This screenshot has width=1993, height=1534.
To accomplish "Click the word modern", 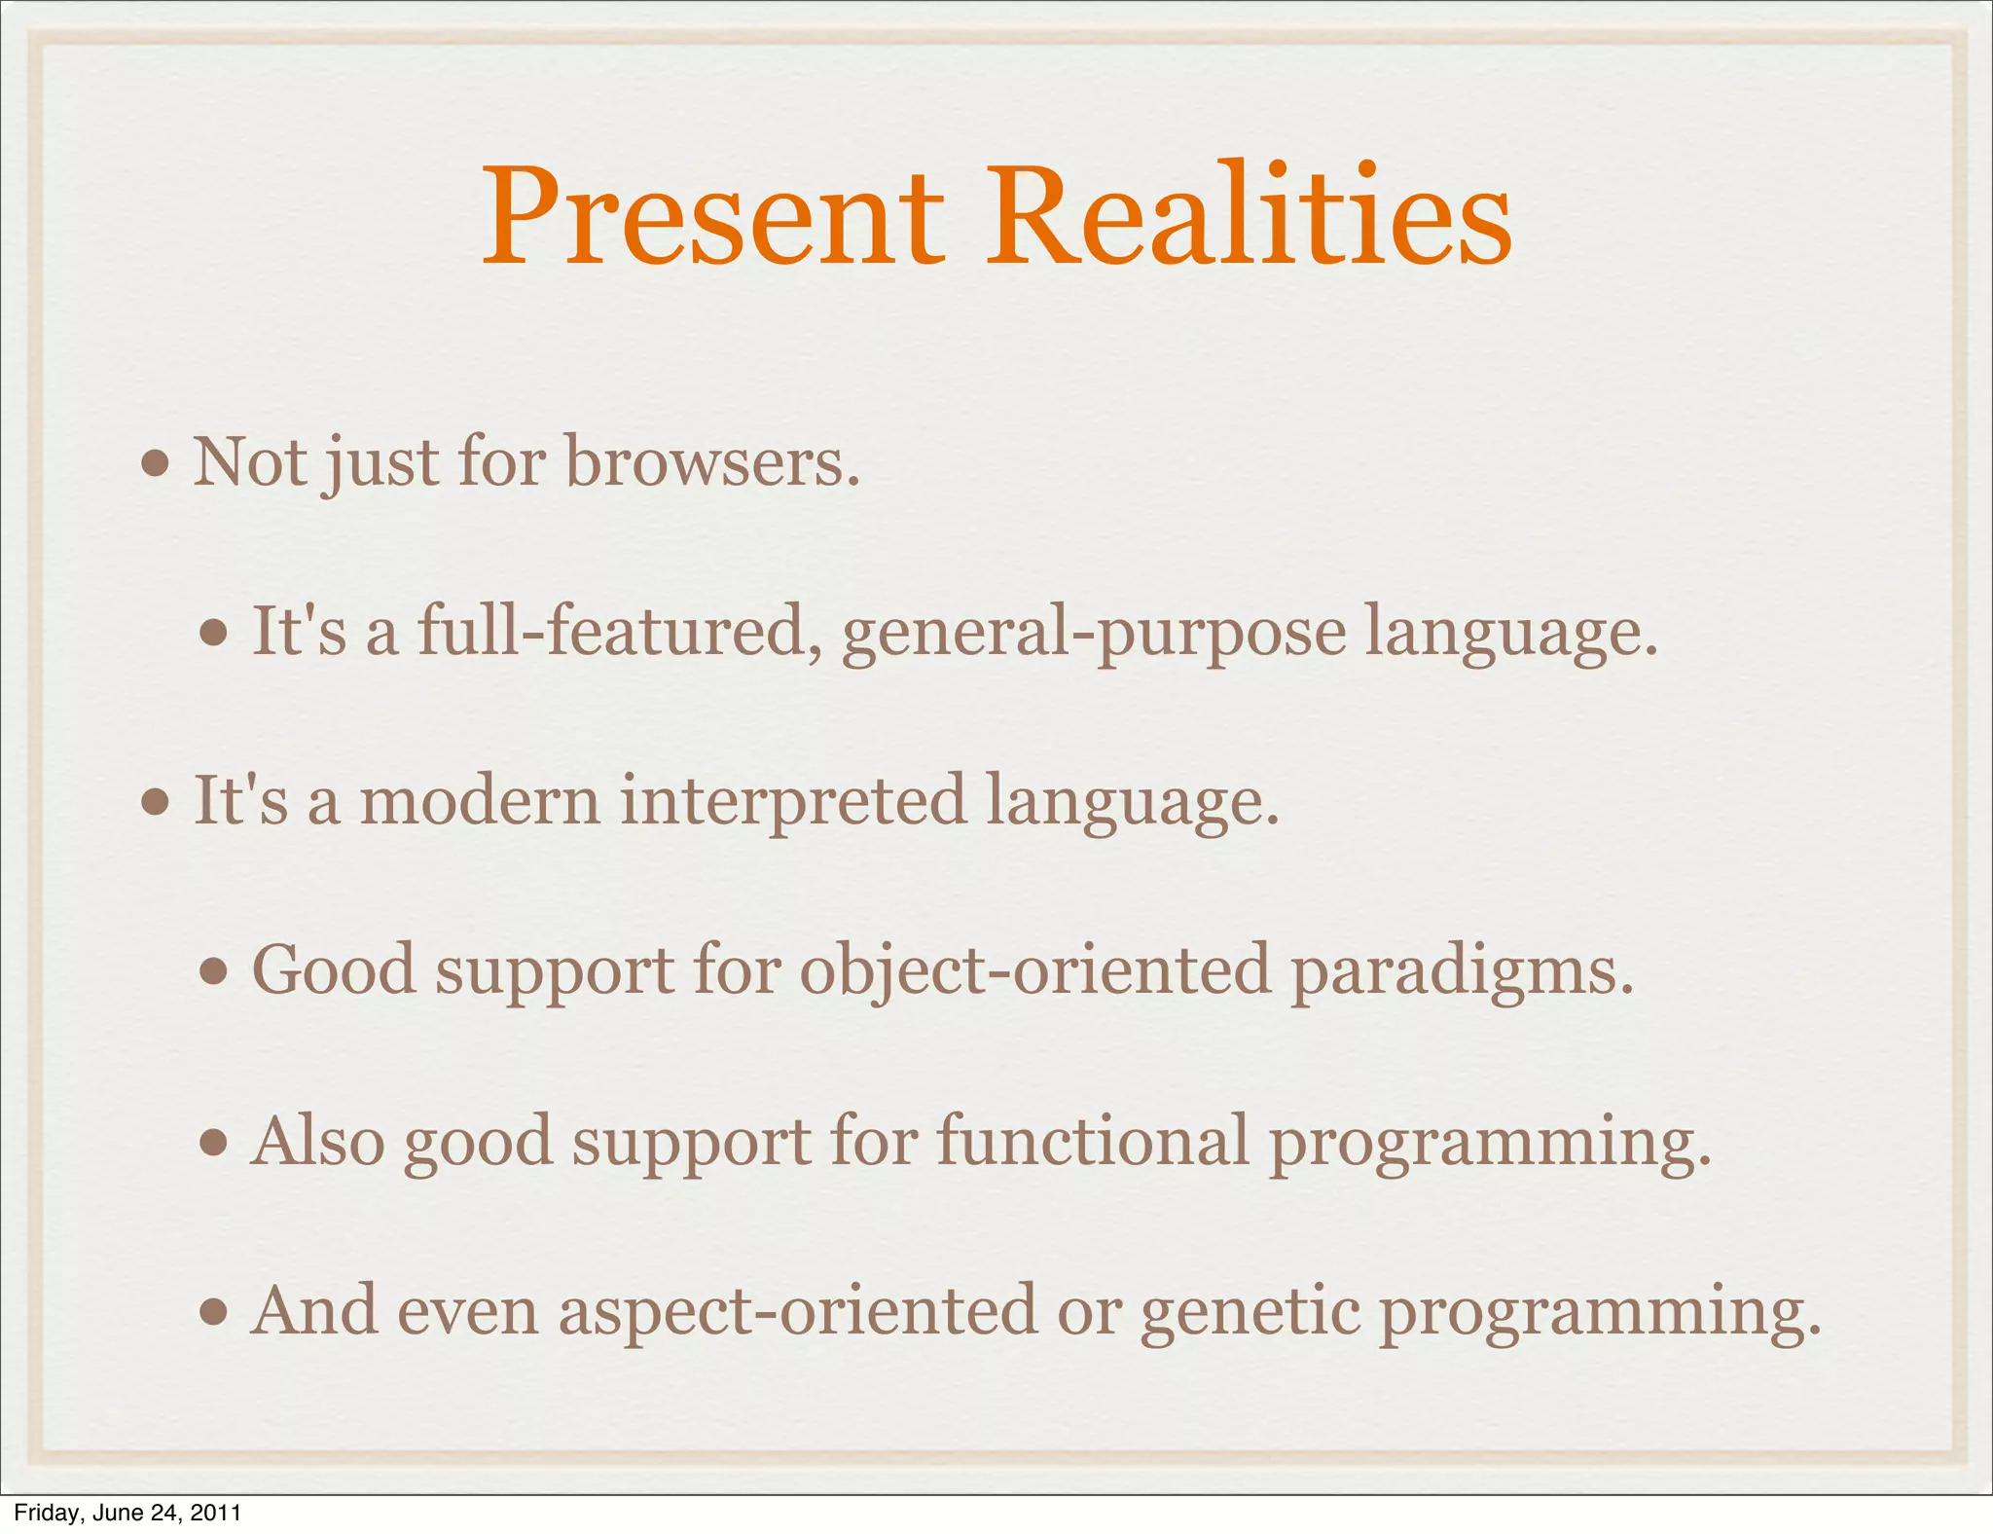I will (x=480, y=800).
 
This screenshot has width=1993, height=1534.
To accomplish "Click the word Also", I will (x=317, y=1140).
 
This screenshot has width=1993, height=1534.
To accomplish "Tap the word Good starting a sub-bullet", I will (x=334, y=970).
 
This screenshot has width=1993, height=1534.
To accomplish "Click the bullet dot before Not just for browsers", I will (x=156, y=464).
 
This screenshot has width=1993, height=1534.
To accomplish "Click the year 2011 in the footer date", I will (x=215, y=1513).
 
